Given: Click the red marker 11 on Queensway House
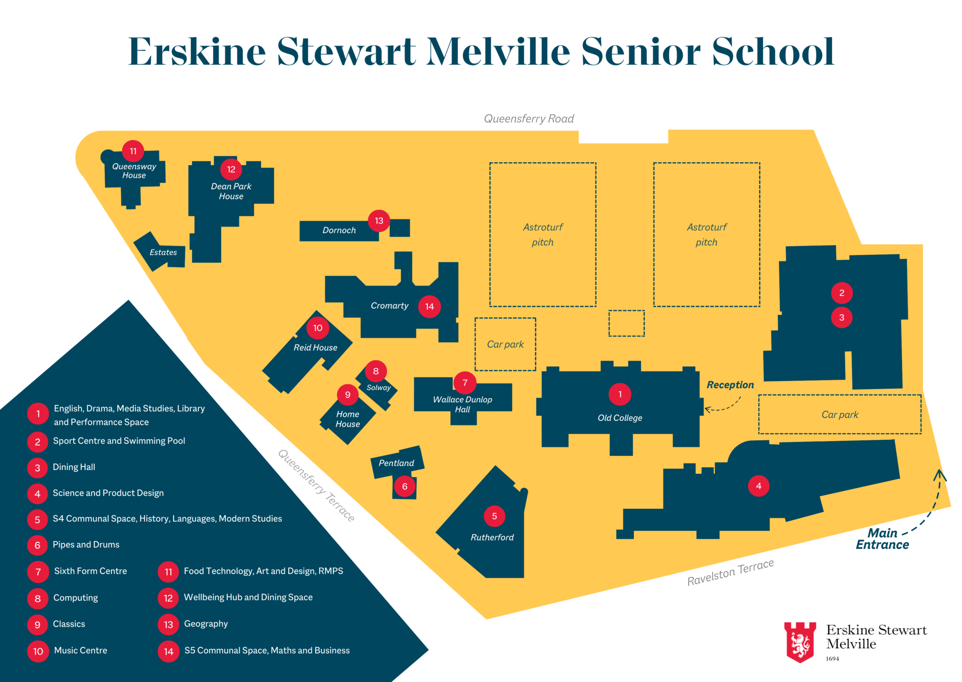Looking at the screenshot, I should (x=133, y=151).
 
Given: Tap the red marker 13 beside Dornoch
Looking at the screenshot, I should (x=379, y=221).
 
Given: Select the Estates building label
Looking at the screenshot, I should (x=163, y=252).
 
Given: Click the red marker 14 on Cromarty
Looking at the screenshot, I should (x=429, y=306).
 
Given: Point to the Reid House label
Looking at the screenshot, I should (x=315, y=348).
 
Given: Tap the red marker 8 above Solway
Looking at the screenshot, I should (x=376, y=371).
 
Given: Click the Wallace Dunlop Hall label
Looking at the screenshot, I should (x=463, y=404).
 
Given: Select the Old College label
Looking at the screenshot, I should (x=620, y=418).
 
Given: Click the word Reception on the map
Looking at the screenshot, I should (x=730, y=385).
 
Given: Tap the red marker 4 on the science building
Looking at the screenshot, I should (x=759, y=486).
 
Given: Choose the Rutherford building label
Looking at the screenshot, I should (x=492, y=537).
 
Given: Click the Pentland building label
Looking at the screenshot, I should (x=396, y=463).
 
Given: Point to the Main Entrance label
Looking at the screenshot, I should (x=882, y=539).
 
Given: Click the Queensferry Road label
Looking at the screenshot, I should (x=529, y=119).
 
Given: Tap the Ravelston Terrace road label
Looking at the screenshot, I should (x=730, y=573).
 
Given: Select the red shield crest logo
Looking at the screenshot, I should (x=800, y=642).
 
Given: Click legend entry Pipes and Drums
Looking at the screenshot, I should (x=86, y=545).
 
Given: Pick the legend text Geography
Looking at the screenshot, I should (x=206, y=624).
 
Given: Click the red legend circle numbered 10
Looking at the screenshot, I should (x=38, y=651).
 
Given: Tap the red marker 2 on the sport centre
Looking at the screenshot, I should (x=842, y=293).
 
